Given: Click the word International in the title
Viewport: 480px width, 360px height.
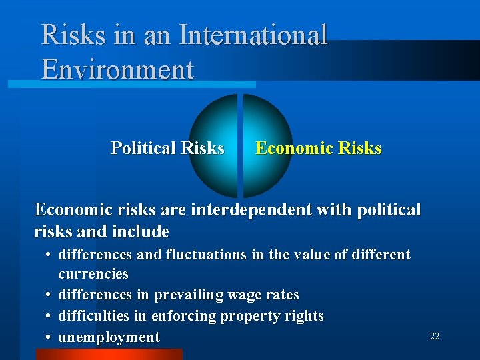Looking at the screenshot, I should point(249,35).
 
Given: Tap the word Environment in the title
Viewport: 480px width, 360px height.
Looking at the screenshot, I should point(117,69).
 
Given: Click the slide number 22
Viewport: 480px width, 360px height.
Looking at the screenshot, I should point(435,337).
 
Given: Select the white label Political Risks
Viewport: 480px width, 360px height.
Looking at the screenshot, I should point(167,147).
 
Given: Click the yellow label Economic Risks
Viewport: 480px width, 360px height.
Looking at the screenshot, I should point(319,147).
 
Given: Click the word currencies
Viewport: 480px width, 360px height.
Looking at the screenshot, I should point(93,274).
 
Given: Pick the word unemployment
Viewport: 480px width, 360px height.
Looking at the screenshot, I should point(109,337).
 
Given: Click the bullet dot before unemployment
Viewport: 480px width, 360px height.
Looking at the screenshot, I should point(50,337).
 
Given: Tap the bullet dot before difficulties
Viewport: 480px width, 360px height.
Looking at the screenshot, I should point(50,316).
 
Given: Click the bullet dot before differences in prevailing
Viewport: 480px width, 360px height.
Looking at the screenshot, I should point(50,295).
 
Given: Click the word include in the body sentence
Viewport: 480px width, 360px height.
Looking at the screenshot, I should point(141,232).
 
